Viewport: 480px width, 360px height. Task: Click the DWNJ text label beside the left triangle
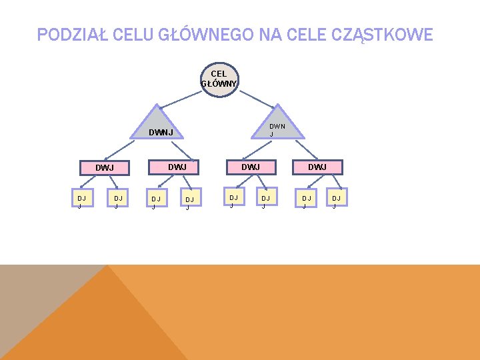pos(161,133)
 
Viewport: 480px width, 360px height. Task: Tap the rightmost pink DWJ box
pos(317,167)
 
